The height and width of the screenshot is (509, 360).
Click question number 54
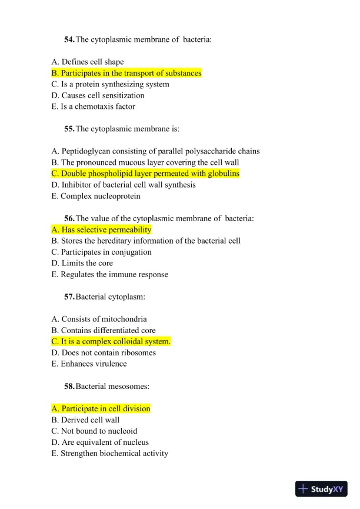(69, 39)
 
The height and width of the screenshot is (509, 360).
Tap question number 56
(69, 218)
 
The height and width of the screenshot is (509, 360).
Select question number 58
(69, 386)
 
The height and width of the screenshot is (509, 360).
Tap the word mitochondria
(125, 319)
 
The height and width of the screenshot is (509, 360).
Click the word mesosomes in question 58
(130, 386)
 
